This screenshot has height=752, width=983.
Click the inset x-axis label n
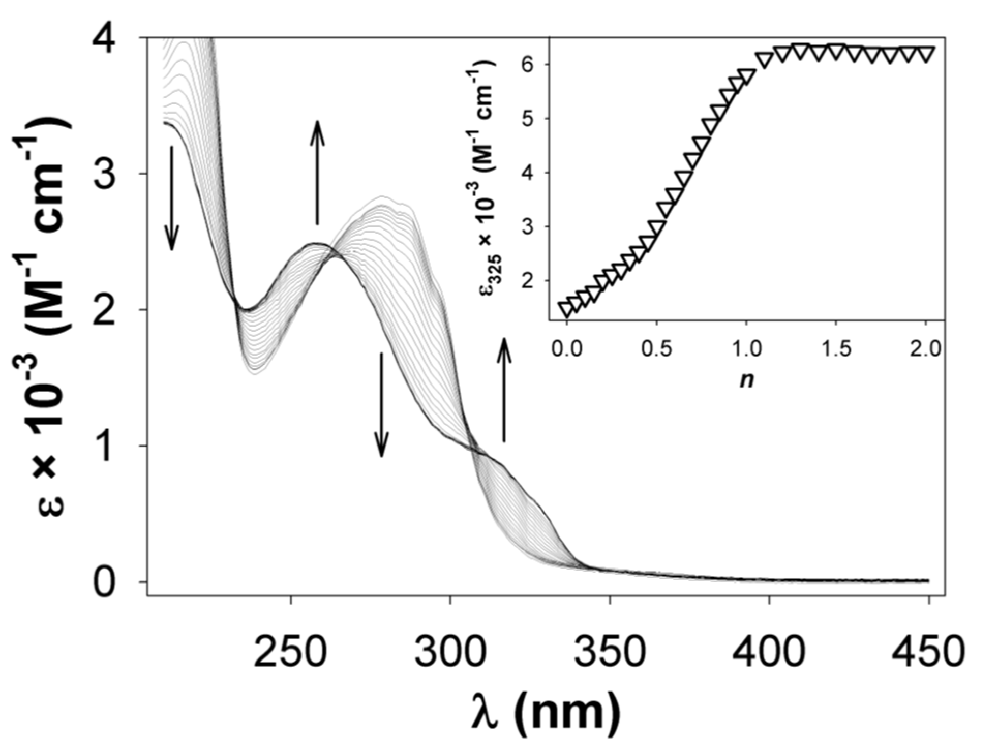(x=746, y=381)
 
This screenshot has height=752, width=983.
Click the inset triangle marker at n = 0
(x=567, y=309)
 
